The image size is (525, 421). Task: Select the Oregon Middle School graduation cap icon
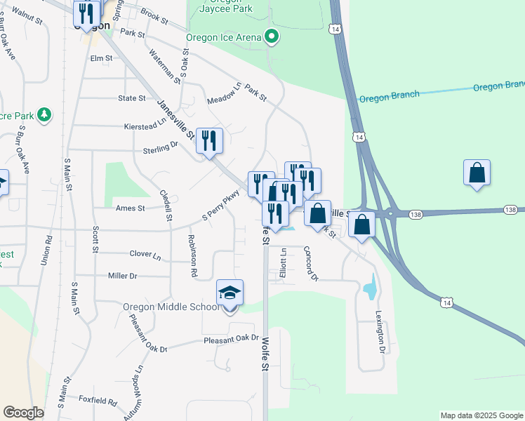click(x=230, y=292)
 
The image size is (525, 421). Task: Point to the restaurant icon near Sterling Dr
click(x=209, y=141)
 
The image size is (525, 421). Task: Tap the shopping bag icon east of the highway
click(x=477, y=173)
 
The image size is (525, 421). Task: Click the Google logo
click(x=23, y=412)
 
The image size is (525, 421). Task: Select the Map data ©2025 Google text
click(x=481, y=415)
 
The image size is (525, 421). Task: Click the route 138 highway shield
click(x=510, y=210)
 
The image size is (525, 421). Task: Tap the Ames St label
click(x=130, y=208)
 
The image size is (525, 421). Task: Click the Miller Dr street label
click(x=122, y=276)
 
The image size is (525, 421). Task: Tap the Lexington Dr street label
click(x=380, y=331)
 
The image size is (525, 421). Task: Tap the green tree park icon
click(x=44, y=114)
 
